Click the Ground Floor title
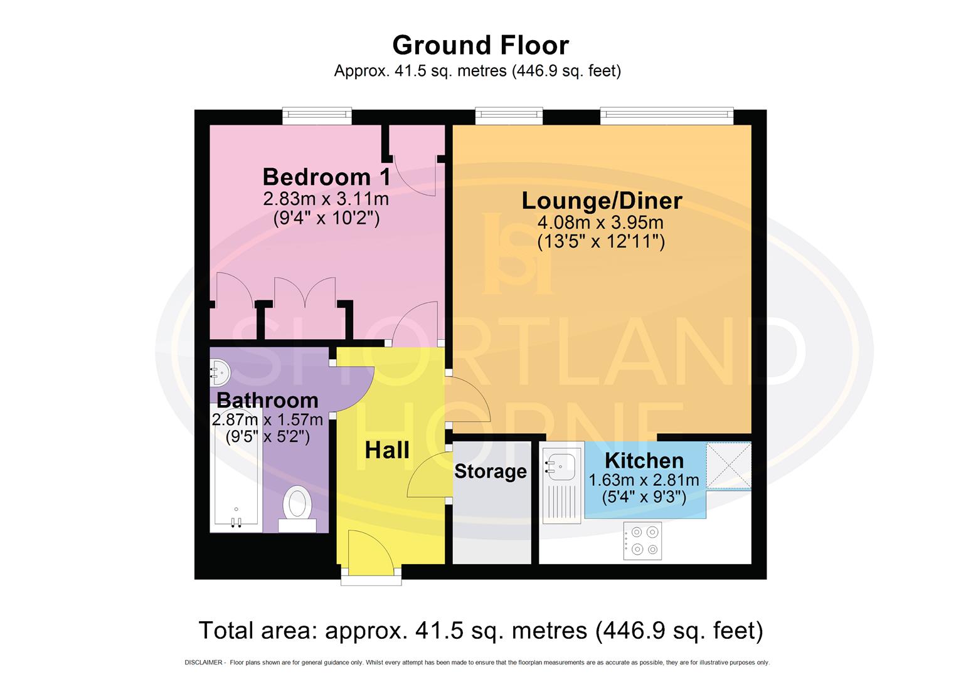(481, 45)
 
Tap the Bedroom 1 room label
(326, 177)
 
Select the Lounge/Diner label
(602, 201)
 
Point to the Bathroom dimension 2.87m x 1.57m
(268, 419)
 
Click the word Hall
(387, 450)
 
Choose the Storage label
(490, 471)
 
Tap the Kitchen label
(644, 461)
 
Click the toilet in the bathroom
(297, 505)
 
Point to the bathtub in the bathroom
(235, 476)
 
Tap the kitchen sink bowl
(561, 464)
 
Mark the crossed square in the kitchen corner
(728, 465)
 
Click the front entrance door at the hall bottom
(371, 555)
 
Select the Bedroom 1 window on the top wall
(317, 115)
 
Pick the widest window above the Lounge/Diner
(666, 115)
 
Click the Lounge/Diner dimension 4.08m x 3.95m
(600, 223)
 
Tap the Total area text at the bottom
(481, 630)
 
